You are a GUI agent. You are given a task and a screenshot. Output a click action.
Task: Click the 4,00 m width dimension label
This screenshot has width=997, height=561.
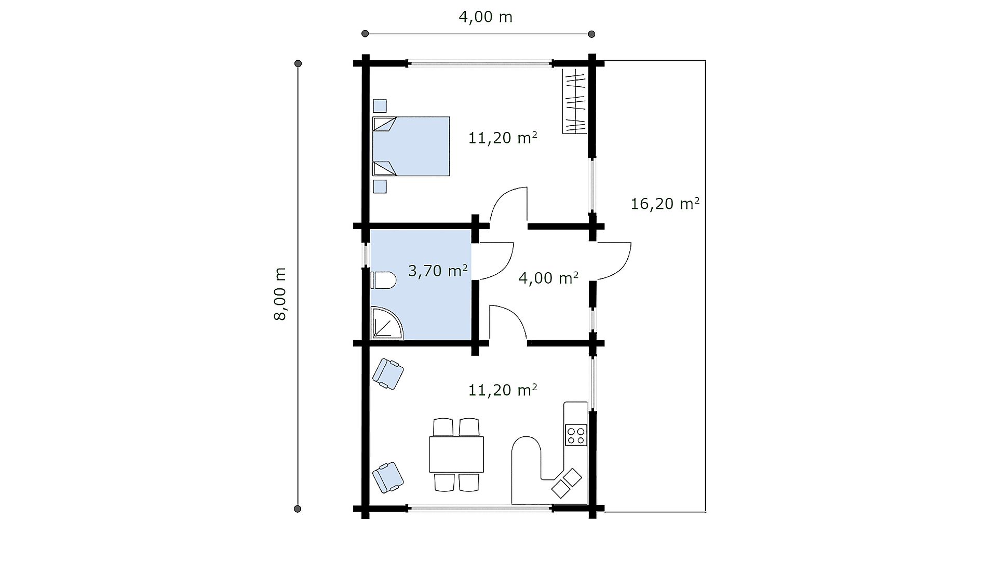[x=486, y=17]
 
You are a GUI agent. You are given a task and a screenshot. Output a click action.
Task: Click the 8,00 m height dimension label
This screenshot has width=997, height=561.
[x=280, y=294]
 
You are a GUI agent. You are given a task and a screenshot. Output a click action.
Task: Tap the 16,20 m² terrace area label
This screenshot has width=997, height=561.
[x=665, y=203]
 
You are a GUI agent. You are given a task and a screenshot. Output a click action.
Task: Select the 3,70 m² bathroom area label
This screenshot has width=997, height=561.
[x=438, y=271]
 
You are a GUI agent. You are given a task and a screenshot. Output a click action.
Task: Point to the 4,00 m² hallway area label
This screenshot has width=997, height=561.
[x=548, y=278]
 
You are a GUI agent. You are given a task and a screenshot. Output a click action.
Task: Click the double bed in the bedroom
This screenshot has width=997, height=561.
[x=411, y=146]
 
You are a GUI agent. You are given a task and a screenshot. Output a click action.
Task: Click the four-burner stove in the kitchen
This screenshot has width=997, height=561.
[x=576, y=435]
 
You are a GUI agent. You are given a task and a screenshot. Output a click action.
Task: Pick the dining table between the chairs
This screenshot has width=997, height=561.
[x=456, y=454]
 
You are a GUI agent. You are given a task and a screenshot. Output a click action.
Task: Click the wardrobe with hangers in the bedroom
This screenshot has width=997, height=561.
[x=575, y=102]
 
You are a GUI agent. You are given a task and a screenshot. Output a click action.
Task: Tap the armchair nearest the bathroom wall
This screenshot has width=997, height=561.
[x=388, y=373]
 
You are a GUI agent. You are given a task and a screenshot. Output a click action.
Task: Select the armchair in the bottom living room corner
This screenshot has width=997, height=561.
[x=388, y=477]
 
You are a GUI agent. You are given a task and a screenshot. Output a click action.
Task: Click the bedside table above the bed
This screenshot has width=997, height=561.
[x=380, y=106]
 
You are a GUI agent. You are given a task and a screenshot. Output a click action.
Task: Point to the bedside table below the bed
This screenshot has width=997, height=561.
[x=380, y=186]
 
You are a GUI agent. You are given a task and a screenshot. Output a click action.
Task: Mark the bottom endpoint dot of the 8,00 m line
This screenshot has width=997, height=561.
[x=298, y=509]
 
